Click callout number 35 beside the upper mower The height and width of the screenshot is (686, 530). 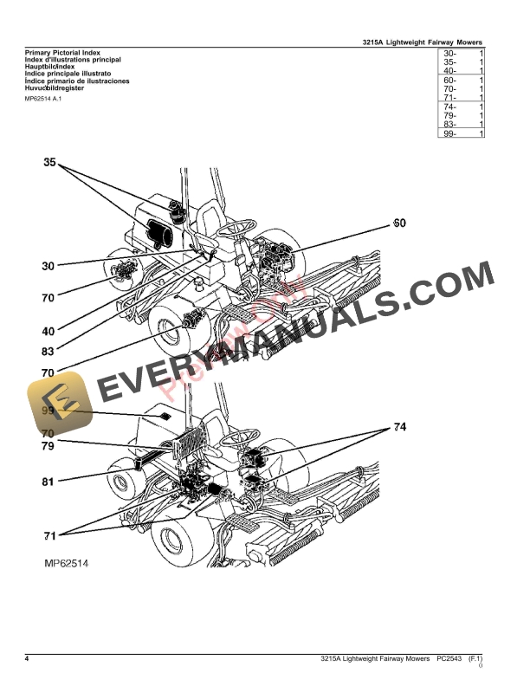click(49, 162)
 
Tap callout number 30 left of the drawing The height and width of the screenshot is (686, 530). click(48, 266)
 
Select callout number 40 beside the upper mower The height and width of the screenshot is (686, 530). click(48, 331)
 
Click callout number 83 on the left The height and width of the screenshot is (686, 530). click(48, 352)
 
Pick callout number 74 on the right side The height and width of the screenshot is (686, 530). click(399, 427)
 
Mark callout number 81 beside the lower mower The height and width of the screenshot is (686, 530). click(48, 481)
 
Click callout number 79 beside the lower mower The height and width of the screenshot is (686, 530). click(48, 446)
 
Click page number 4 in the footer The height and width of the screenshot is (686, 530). click(27, 660)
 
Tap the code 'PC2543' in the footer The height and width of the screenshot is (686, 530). click(449, 660)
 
